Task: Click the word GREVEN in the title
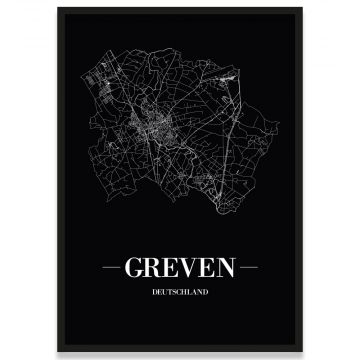click(x=180, y=268)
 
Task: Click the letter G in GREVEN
click(x=130, y=268)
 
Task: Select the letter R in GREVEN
click(x=151, y=268)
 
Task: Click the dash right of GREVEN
click(x=251, y=268)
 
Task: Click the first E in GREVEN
click(x=170, y=268)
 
